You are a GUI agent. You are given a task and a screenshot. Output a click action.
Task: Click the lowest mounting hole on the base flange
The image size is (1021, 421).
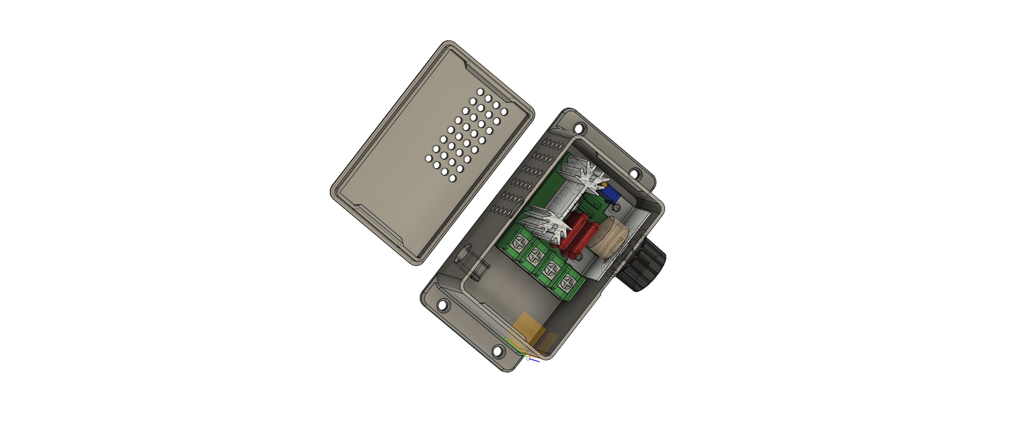click(497, 351)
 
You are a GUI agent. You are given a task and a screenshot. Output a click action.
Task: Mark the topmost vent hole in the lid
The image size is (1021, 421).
click(480, 92)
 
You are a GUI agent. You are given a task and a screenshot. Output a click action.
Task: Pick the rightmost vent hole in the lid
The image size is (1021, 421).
click(504, 112)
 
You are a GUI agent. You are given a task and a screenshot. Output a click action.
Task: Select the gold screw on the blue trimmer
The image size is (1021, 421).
click(605, 185)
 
